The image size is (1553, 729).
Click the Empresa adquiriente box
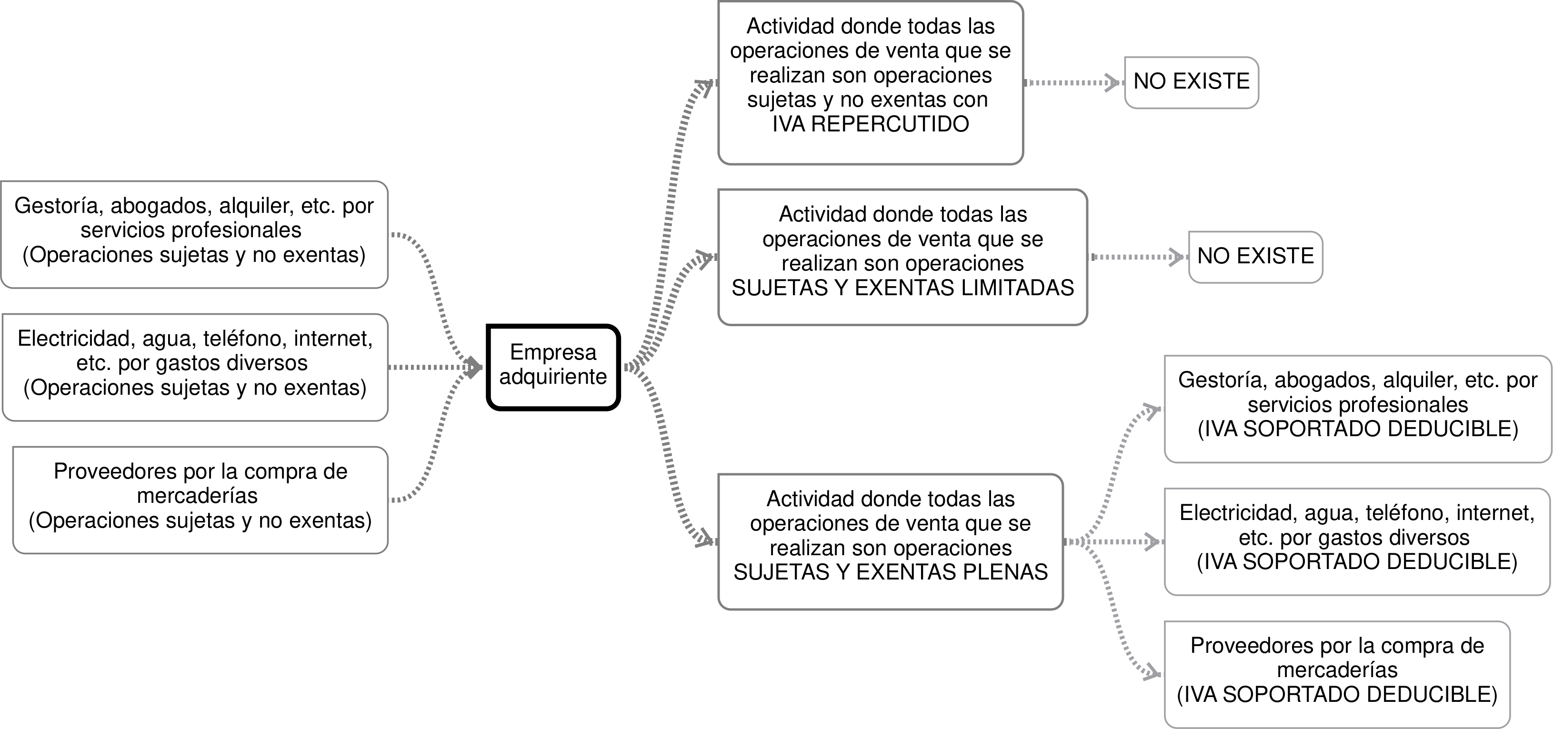(x=553, y=367)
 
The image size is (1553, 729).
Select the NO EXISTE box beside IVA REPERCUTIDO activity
(x=1191, y=82)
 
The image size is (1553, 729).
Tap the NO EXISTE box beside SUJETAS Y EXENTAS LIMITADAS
(x=1255, y=256)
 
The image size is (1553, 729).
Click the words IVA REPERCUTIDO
(x=871, y=124)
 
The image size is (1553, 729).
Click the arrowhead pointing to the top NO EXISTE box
(x=1112, y=82)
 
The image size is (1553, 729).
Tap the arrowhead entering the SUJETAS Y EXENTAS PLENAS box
(x=705, y=538)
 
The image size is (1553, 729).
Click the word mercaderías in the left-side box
(x=197, y=496)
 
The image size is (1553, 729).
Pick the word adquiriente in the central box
(x=553, y=377)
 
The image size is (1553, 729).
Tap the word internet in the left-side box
(x=333, y=339)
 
